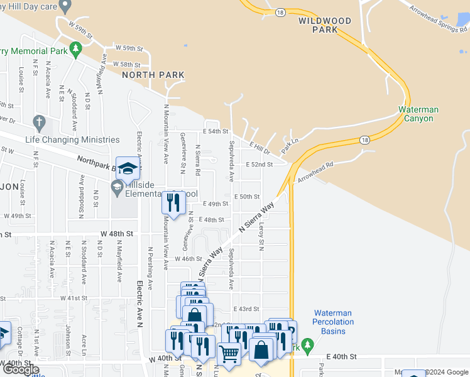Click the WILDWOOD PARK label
click(324, 25)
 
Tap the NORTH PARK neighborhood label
click(153, 75)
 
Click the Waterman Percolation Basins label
click(333, 322)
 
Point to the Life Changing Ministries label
click(72, 139)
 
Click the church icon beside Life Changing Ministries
click(39, 122)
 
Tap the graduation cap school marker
click(127, 168)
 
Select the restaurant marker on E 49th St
click(173, 202)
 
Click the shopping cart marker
click(229, 354)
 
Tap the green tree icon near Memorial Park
click(75, 48)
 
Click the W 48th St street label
click(117, 233)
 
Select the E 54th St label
click(216, 131)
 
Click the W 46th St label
click(189, 258)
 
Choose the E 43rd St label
click(246, 309)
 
